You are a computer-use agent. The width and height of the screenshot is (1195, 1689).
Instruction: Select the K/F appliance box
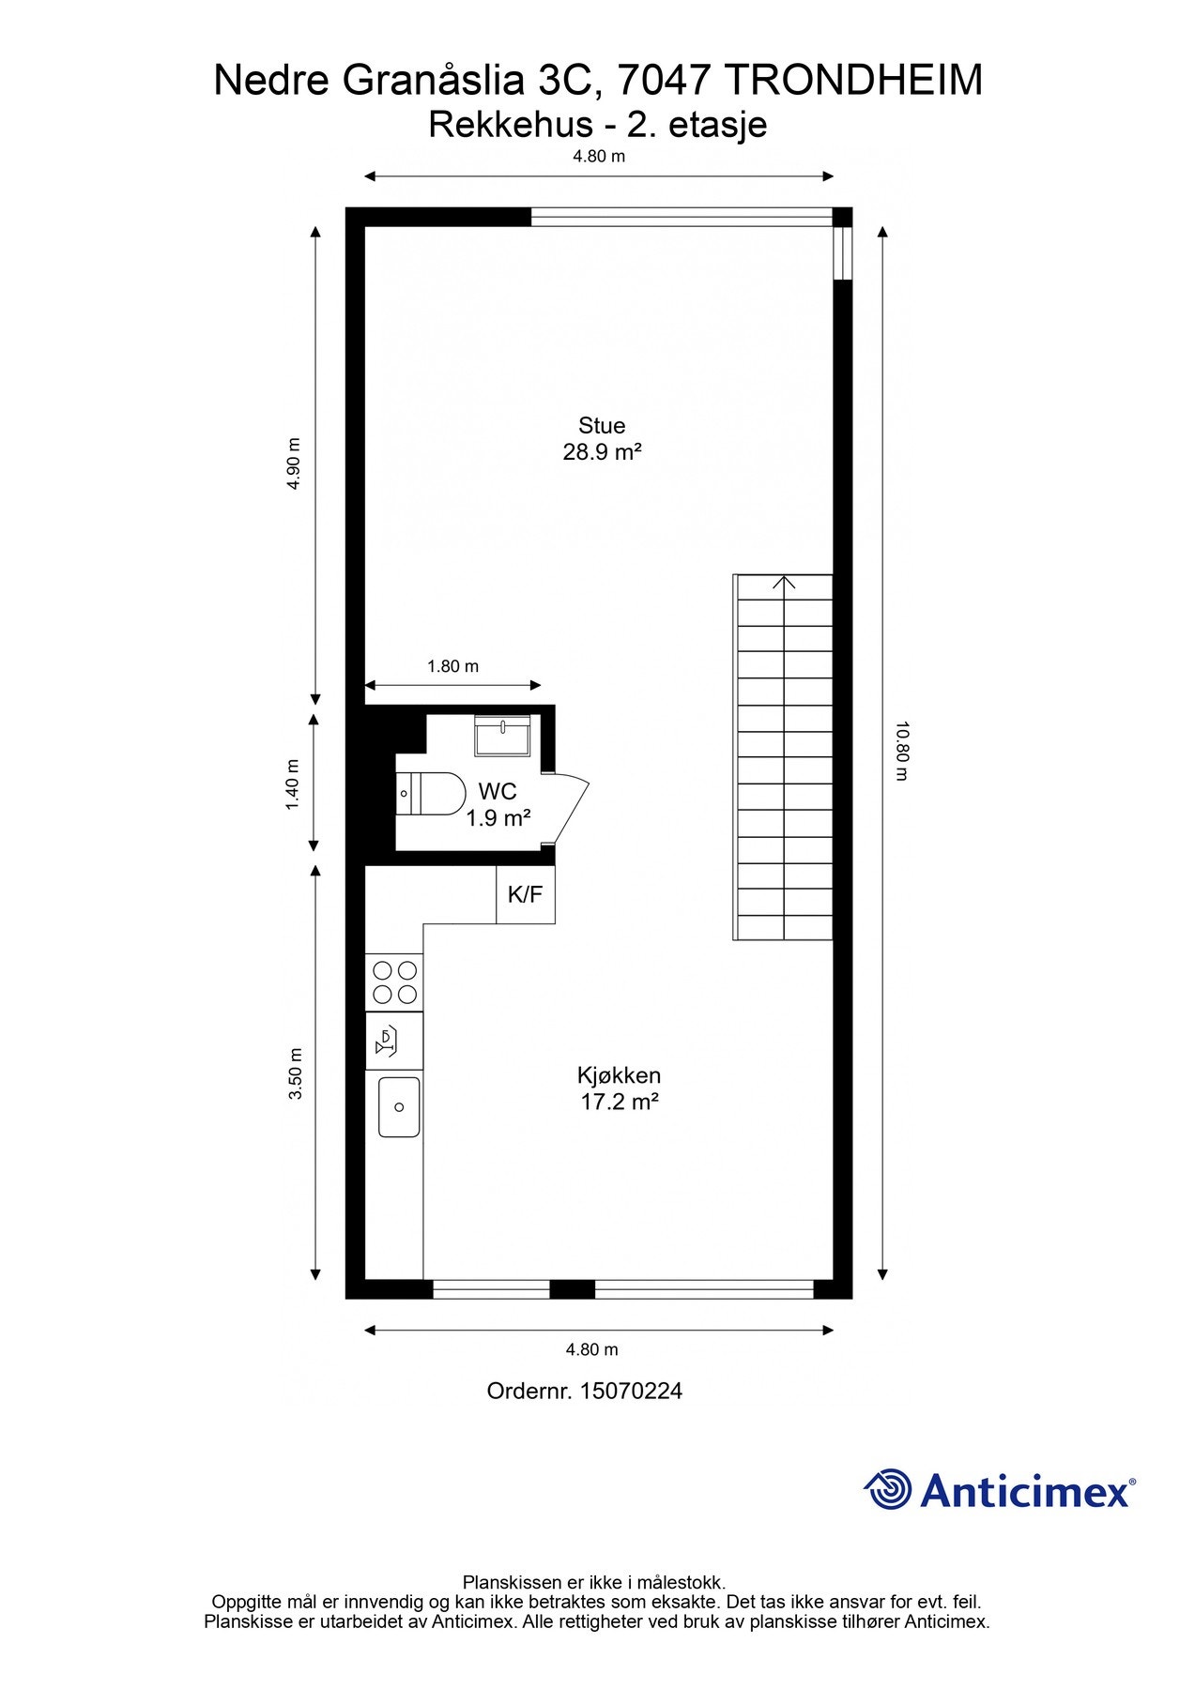(x=526, y=894)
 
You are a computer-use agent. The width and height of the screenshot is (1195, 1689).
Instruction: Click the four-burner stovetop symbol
(x=394, y=982)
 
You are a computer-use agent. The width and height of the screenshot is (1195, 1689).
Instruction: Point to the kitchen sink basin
(x=399, y=1107)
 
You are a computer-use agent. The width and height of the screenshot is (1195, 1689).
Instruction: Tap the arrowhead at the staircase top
(x=784, y=584)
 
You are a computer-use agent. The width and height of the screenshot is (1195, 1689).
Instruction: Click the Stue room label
(x=602, y=425)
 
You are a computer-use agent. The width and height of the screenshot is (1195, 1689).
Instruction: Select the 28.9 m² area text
(x=602, y=452)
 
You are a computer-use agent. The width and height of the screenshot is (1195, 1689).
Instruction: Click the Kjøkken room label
(x=619, y=1075)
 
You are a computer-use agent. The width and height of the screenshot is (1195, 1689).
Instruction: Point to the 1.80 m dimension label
(x=452, y=666)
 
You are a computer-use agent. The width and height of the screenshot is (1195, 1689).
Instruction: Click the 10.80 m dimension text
(x=901, y=751)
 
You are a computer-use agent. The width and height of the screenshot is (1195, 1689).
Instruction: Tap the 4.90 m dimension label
(x=294, y=464)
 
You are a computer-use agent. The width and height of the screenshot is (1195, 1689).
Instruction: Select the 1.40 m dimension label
(x=293, y=785)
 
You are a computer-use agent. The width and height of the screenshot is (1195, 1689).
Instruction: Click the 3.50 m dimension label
(x=295, y=1073)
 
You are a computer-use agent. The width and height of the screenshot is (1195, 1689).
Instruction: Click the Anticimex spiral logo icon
(x=887, y=1489)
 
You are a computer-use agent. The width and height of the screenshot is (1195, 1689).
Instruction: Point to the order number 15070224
(x=631, y=1391)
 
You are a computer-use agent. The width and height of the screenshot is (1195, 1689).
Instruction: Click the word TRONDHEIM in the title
(x=853, y=81)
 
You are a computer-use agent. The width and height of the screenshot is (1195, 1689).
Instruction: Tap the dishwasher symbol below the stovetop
(x=394, y=1041)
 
